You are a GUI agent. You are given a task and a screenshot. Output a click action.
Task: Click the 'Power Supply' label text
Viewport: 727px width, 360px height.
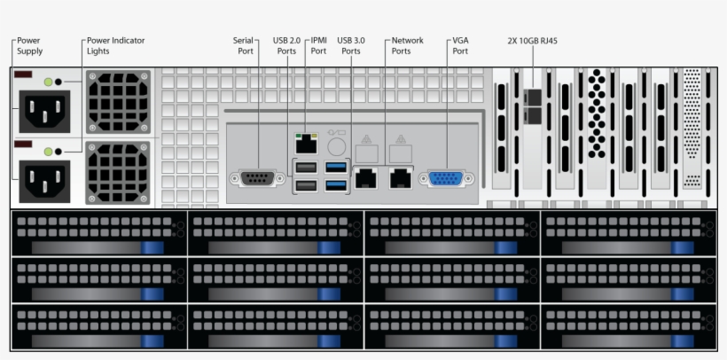click(29, 46)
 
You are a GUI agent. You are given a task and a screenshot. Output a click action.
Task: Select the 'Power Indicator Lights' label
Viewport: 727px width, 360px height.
click(115, 46)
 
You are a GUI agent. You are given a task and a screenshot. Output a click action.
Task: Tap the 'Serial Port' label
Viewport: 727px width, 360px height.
click(244, 46)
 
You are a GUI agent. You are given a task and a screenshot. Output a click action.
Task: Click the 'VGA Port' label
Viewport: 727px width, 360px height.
click(460, 46)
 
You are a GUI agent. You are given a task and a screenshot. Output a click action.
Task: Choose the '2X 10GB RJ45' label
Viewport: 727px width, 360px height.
click(532, 41)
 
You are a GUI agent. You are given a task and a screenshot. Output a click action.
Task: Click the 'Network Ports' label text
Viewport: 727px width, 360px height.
click(407, 46)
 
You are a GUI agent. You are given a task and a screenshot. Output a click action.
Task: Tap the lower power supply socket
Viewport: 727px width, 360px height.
click(42, 180)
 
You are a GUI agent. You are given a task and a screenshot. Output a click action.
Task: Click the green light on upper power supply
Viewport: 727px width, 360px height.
click(48, 82)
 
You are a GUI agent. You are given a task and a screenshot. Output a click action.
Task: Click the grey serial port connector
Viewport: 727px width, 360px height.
click(256, 178)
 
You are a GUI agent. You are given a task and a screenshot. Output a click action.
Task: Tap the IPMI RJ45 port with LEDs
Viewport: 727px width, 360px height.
click(306, 141)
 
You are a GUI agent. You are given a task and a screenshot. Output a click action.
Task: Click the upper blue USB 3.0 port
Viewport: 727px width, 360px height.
click(336, 167)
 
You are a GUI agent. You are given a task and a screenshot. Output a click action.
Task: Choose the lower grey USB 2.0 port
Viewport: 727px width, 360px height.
click(306, 184)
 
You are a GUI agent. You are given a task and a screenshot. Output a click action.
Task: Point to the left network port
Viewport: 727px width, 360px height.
click(365, 176)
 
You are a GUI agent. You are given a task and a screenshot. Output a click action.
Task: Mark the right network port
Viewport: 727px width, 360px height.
click(402, 176)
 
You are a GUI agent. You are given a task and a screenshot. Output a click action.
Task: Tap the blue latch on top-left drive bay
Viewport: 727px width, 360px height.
click(152, 247)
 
